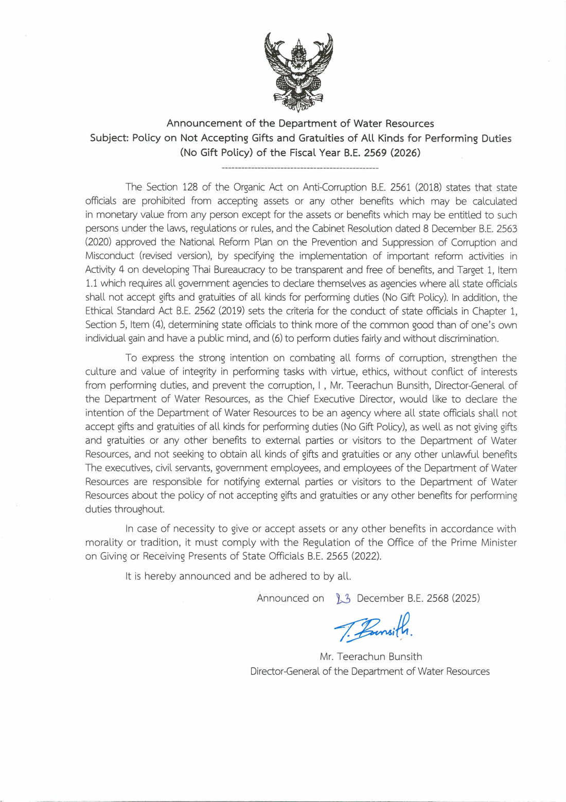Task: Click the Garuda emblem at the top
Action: point(298,72)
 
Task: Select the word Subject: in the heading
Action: point(109,138)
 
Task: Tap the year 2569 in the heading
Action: point(375,153)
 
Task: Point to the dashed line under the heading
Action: point(299,168)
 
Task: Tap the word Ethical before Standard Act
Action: point(100,311)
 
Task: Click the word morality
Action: point(104,543)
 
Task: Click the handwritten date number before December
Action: point(343,598)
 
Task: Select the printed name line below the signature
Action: point(370,656)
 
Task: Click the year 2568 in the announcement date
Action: point(436,598)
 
